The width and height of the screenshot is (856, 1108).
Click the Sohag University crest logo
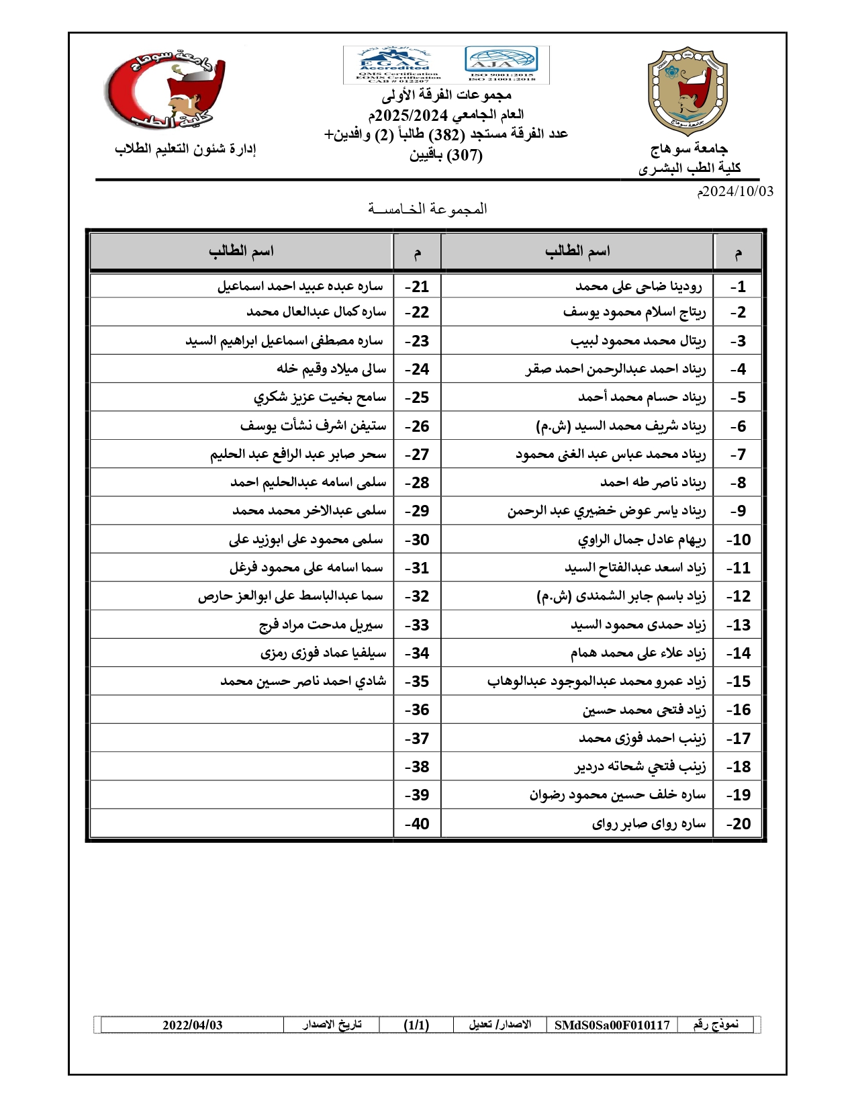point(687,91)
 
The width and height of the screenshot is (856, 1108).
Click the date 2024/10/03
point(735,191)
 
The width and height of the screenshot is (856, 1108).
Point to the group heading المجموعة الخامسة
point(428,209)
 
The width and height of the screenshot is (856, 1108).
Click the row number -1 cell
point(738,287)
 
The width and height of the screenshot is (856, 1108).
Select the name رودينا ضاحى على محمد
point(638,287)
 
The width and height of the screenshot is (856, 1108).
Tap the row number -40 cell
point(417,824)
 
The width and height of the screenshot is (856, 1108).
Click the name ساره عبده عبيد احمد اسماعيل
point(300,287)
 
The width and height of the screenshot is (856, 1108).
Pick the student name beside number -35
point(303,682)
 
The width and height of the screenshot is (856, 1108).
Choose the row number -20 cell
point(738,824)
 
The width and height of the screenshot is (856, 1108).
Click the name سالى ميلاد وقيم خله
point(332,369)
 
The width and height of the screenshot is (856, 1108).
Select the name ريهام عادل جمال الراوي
point(642,540)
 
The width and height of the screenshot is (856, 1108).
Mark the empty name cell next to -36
point(242,710)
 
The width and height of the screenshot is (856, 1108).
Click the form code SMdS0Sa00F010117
point(612,1025)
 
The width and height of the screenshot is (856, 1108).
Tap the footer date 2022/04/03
point(192,1025)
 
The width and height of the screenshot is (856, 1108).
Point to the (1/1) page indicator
point(416,1025)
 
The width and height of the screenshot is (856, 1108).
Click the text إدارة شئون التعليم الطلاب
point(185,149)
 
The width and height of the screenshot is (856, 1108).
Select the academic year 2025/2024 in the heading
point(412,115)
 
